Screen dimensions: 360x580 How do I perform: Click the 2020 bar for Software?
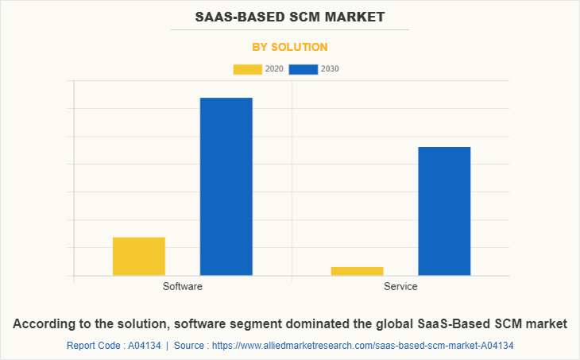[139, 256]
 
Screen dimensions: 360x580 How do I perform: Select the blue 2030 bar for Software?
[226, 186]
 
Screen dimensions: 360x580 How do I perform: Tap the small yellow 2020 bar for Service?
[357, 271]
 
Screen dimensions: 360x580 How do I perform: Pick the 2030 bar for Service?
[444, 211]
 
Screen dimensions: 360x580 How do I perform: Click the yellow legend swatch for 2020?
[247, 69]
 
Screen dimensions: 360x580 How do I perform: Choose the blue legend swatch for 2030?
[304, 69]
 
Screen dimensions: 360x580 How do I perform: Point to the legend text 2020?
[274, 69]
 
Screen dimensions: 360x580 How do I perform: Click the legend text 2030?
[330, 69]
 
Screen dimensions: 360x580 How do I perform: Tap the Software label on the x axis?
[182, 286]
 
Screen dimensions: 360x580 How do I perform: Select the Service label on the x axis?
[400, 286]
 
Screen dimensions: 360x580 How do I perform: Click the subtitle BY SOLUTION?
[290, 47]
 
